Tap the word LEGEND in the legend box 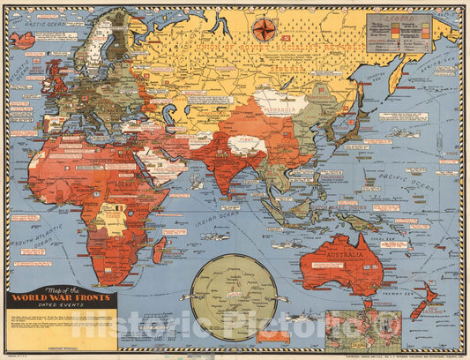[399, 19]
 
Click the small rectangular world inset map [356, 328]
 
